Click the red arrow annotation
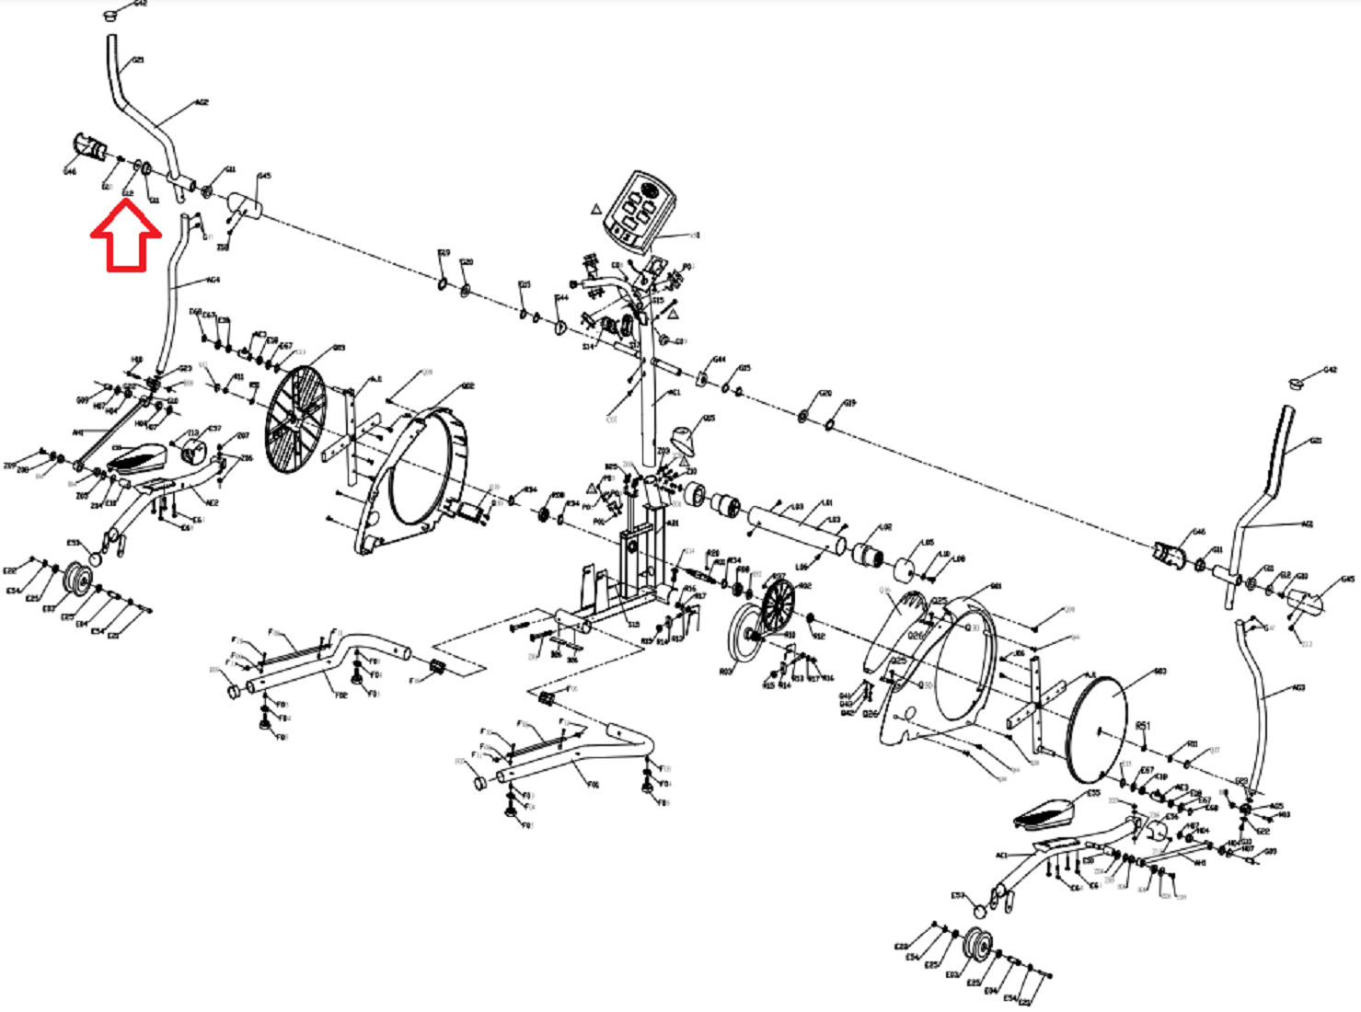coord(126,237)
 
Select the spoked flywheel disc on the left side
coord(294,420)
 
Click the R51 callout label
coord(1142,726)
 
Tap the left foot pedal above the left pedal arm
coord(138,456)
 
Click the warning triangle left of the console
coord(596,209)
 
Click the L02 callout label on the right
coord(885,528)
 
